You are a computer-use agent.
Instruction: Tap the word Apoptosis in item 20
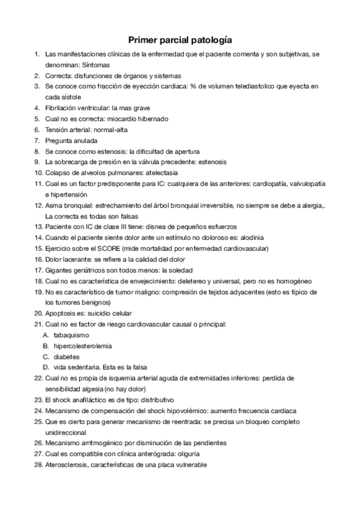pos(62,313)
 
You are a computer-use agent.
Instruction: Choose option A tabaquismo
pos(71,335)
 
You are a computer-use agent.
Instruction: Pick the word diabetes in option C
pos(66,357)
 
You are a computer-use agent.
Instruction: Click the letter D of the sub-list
pos(46,367)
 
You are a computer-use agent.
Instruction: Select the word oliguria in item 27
pos(185,454)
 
